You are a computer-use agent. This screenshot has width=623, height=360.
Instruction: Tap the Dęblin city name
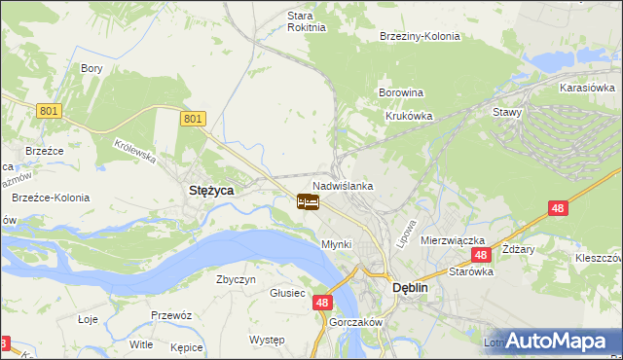click(x=411, y=288)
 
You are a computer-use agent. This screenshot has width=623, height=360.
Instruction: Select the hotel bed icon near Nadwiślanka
click(x=308, y=202)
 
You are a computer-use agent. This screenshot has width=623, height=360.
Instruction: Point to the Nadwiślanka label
click(x=343, y=185)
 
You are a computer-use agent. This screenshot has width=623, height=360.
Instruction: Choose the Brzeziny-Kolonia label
click(x=420, y=37)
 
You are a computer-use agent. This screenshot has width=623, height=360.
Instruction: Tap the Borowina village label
click(x=400, y=93)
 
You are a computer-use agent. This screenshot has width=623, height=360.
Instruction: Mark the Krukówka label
click(x=408, y=115)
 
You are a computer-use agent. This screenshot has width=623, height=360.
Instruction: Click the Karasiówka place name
click(x=585, y=88)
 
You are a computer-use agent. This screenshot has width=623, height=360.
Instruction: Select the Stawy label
click(x=508, y=112)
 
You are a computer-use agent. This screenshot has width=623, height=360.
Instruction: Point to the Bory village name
click(x=92, y=69)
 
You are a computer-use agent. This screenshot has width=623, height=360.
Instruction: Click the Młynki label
click(x=336, y=244)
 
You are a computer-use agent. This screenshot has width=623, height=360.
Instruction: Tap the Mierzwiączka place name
click(x=453, y=239)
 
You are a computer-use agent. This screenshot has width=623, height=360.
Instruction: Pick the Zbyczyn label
click(x=236, y=279)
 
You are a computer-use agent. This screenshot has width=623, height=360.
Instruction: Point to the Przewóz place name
click(x=169, y=315)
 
